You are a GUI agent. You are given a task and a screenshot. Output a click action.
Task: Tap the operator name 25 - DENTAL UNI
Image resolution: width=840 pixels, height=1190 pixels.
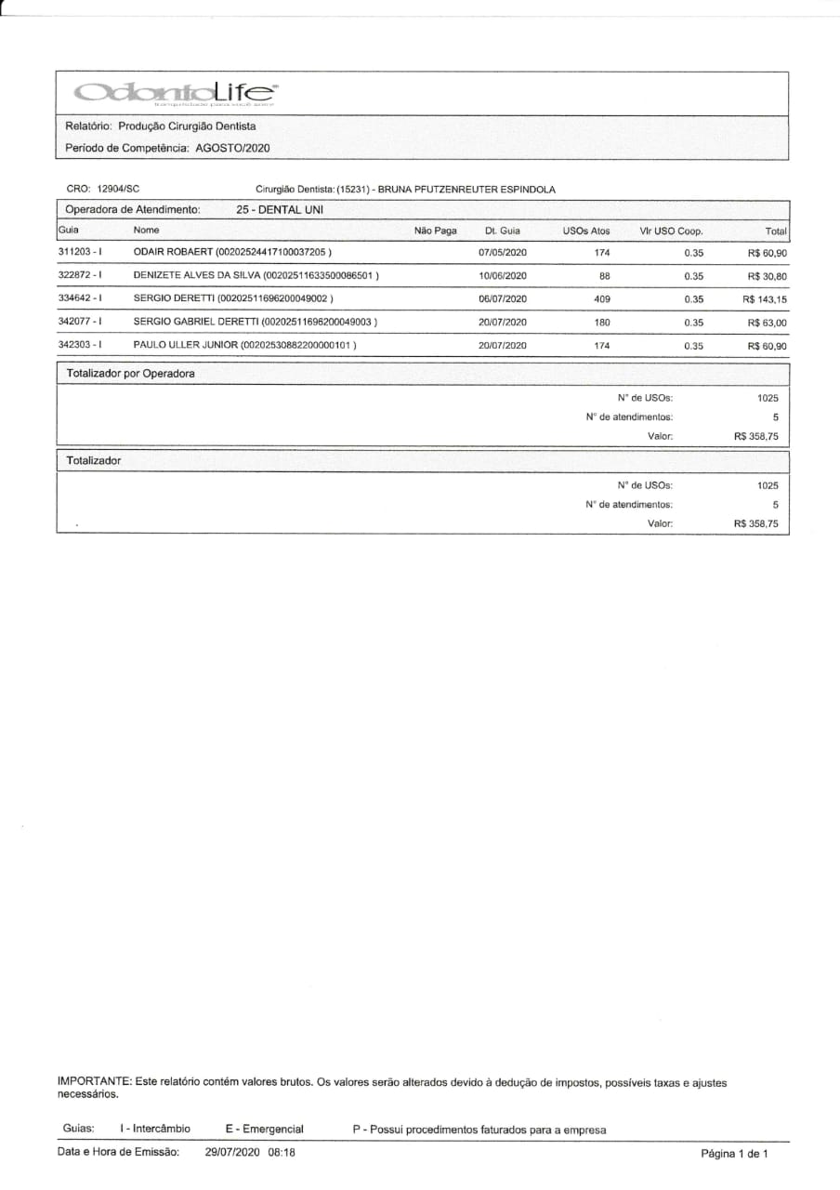tap(280, 210)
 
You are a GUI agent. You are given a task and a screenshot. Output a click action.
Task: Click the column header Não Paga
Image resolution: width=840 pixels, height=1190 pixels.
tap(435, 231)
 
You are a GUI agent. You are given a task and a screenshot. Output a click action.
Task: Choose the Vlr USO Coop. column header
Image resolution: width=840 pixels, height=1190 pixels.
tap(671, 231)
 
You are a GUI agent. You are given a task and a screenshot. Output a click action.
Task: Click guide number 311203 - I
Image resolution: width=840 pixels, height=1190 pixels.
tap(80, 253)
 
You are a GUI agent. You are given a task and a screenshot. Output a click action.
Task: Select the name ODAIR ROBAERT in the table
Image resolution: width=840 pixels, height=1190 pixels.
tap(173, 253)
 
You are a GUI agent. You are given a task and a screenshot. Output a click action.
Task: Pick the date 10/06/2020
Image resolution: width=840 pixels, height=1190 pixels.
tap(503, 276)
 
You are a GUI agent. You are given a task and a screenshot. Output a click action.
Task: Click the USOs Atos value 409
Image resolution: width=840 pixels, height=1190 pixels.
tap(601, 299)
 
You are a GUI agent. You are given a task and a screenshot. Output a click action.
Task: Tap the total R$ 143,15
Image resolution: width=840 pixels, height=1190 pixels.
tap(765, 299)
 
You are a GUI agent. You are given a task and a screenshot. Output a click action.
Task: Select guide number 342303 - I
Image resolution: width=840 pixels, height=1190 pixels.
tap(80, 345)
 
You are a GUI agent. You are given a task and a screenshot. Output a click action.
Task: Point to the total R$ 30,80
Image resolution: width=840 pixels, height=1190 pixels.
tap(768, 276)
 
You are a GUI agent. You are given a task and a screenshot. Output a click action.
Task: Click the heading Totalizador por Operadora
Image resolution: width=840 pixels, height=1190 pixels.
tap(130, 374)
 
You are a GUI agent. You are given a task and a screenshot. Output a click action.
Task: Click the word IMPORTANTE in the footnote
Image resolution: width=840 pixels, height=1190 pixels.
tap(94, 1082)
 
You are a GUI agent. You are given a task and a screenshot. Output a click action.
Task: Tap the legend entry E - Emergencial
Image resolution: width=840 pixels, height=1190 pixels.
tap(264, 1129)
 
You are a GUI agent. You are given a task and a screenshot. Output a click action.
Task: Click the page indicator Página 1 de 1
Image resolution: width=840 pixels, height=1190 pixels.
tap(734, 1154)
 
